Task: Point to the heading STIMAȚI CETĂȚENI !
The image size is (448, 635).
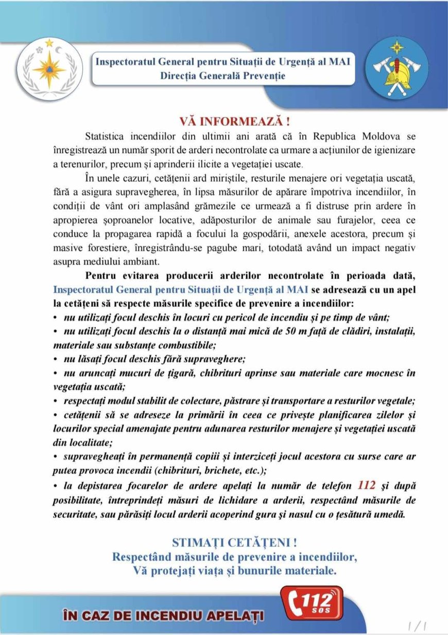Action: tap(234, 542)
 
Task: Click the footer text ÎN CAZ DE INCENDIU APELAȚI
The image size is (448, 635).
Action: tap(163, 615)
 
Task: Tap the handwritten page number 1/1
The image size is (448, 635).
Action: tap(418, 626)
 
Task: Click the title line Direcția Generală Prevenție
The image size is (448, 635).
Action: tap(223, 76)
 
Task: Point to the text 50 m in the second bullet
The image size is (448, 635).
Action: tap(293, 330)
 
